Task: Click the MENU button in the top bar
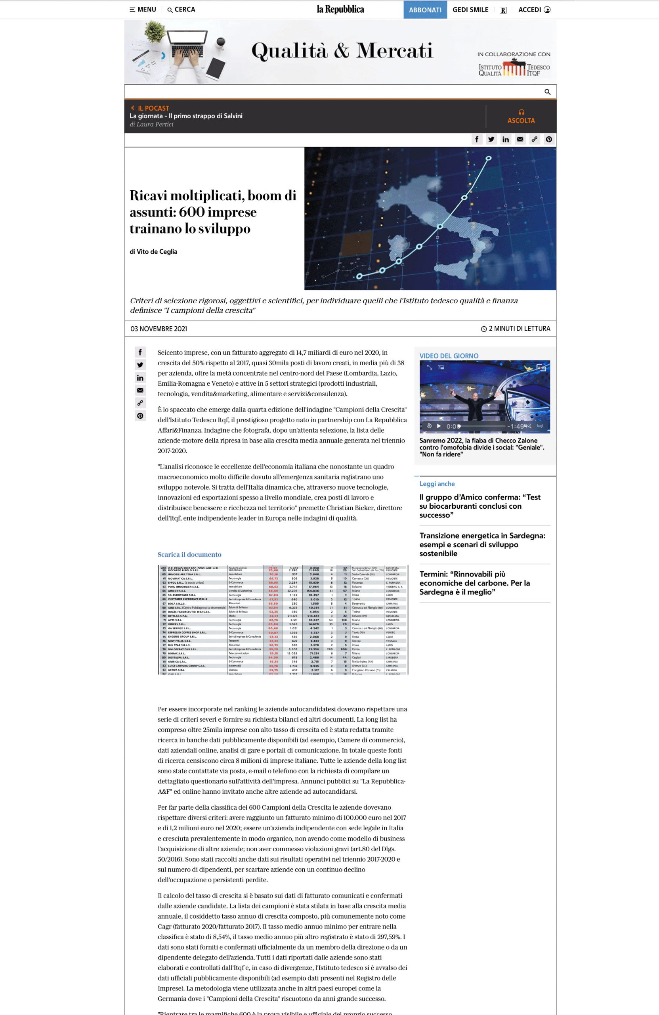pos(143,10)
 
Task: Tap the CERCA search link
pos(181,10)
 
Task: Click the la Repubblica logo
pos(340,10)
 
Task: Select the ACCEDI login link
pos(534,10)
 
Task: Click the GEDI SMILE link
pos(470,10)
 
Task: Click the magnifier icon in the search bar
pos(547,92)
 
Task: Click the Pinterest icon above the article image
pos(548,139)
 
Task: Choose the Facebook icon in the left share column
pos(140,352)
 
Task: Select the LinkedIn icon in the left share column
pos(140,378)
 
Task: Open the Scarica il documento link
pos(190,554)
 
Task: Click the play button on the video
pos(439,425)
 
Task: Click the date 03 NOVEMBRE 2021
pos(159,329)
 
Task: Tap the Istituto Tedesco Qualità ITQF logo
pos(514,69)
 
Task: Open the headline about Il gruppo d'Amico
pos(480,506)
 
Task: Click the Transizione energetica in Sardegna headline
pos(482,544)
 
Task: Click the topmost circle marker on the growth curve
pos(489,158)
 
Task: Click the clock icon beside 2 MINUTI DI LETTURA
pos(484,329)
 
